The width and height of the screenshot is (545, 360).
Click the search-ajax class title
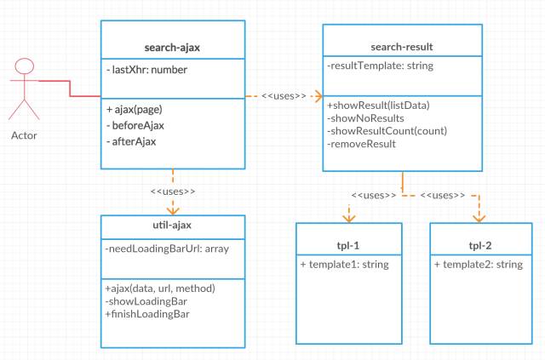(x=172, y=48)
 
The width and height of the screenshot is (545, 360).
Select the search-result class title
(x=402, y=47)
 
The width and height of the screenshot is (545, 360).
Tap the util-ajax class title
(x=172, y=226)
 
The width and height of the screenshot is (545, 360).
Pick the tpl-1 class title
(x=348, y=246)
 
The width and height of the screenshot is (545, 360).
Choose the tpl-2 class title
(x=480, y=246)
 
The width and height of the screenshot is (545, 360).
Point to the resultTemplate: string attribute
(x=381, y=66)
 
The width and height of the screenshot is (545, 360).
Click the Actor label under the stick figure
(x=24, y=135)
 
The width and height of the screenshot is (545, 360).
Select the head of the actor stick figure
(x=25, y=66)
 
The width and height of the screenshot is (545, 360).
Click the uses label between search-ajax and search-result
(x=284, y=96)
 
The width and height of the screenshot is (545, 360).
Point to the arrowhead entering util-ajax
(x=173, y=210)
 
